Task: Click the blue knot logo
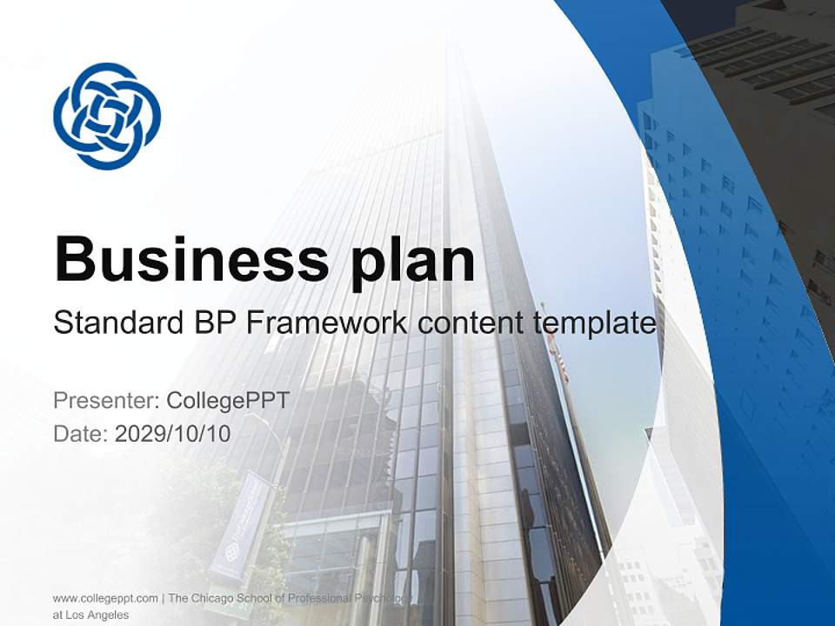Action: (x=107, y=116)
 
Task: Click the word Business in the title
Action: (x=192, y=258)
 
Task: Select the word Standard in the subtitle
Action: (x=116, y=323)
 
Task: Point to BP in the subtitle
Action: (x=211, y=323)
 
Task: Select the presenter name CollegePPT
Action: (x=227, y=401)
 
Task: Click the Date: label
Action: (x=81, y=433)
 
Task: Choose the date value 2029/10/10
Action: (x=173, y=433)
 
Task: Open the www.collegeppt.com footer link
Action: (x=105, y=598)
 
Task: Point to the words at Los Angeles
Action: (x=90, y=615)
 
